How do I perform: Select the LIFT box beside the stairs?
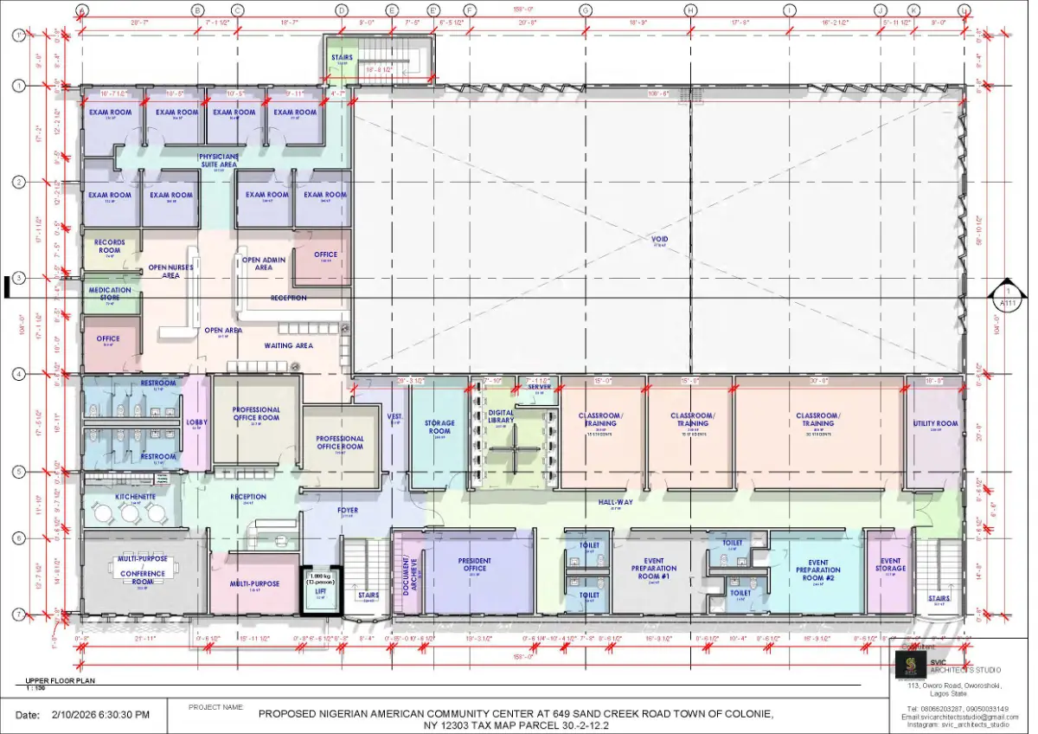pyautogui.click(x=320, y=586)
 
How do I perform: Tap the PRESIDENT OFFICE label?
pyautogui.click(x=474, y=564)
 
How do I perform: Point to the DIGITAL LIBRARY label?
pyautogui.click(x=501, y=416)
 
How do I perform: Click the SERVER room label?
pyautogui.click(x=539, y=388)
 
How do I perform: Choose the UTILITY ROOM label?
pyautogui.click(x=935, y=423)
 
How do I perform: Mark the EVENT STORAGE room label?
pyautogui.click(x=890, y=564)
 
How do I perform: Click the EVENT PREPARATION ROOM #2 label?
pyautogui.click(x=817, y=570)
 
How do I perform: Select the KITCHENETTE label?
pyautogui.click(x=135, y=497)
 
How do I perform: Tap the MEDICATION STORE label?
pyautogui.click(x=110, y=293)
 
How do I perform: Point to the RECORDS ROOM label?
pyautogui.click(x=110, y=246)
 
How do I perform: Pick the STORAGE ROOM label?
pyautogui.click(x=439, y=427)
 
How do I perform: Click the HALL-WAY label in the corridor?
pyautogui.click(x=616, y=502)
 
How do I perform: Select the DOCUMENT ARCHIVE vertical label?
pyautogui.click(x=407, y=572)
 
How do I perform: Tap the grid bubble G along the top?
pyautogui.click(x=586, y=10)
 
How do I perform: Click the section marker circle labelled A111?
pyautogui.click(x=1006, y=298)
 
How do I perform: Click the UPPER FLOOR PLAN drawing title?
pyautogui.click(x=59, y=680)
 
